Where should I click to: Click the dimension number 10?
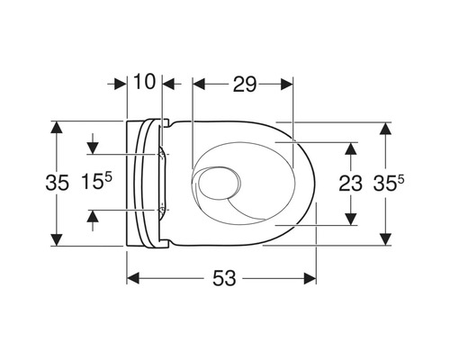(145, 81)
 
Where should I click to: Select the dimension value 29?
(245, 85)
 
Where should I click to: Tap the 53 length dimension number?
(224, 278)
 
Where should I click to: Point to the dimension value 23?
(350, 184)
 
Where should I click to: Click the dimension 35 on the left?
(57, 183)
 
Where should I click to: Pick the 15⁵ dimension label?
(96, 181)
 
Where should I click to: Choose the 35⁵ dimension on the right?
(389, 183)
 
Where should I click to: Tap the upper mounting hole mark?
(162, 154)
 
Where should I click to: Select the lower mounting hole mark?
(162, 210)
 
